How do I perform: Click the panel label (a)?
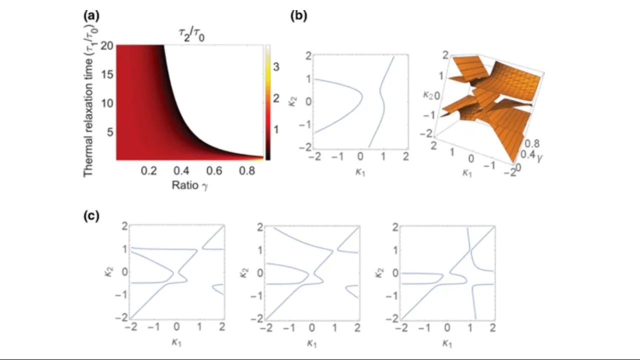pyautogui.click(x=91, y=15)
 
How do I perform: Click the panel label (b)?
pyautogui.click(x=299, y=15)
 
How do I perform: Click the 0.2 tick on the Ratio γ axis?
pyautogui.click(x=148, y=171)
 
